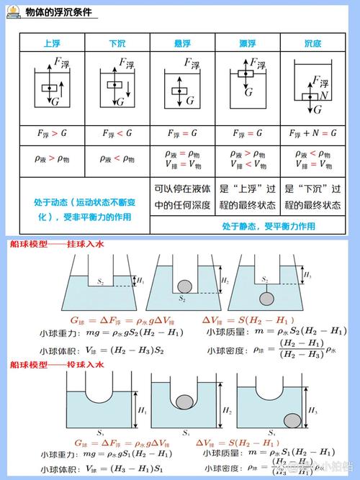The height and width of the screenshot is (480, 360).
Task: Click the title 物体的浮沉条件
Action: coord(61,13)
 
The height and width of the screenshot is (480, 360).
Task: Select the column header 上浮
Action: coord(51,43)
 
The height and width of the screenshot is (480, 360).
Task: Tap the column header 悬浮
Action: coord(182,43)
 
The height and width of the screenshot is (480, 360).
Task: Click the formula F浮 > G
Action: coord(51,134)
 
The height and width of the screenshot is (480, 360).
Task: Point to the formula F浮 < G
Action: coord(117,134)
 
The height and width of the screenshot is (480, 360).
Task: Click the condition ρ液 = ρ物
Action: coord(182,154)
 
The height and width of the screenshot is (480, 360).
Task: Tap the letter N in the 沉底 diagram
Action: coord(325,94)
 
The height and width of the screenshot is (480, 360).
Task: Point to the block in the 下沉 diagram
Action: coord(116,85)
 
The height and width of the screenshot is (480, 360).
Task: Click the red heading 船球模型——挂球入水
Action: coord(57,245)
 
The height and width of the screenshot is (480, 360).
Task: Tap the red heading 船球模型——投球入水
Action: coord(57,366)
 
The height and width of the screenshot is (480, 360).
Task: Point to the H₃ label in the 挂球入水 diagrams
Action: coord(307,275)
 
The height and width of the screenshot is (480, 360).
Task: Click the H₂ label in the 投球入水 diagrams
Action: coord(226,409)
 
